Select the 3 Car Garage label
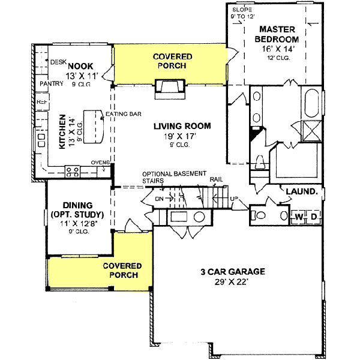pos(233,271)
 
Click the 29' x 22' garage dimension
pos(233,281)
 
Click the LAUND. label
pos(301,192)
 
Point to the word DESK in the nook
pos(58,62)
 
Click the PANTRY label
pos(51,84)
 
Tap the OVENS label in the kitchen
pos(99,162)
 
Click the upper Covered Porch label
pos(173,61)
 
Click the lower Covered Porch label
pos(122,270)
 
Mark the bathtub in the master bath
pos(313,104)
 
